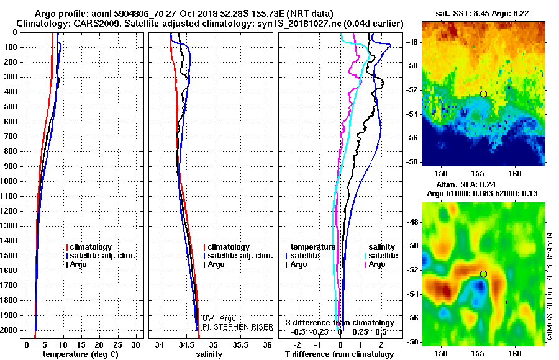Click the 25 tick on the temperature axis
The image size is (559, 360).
tap(118, 344)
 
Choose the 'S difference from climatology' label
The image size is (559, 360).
tap(339, 323)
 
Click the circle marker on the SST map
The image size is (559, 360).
tap(483, 94)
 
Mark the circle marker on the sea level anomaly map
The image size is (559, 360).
tap(483, 274)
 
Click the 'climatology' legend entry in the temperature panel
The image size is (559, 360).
tap(91, 247)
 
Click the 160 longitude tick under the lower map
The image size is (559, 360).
tap(515, 353)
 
